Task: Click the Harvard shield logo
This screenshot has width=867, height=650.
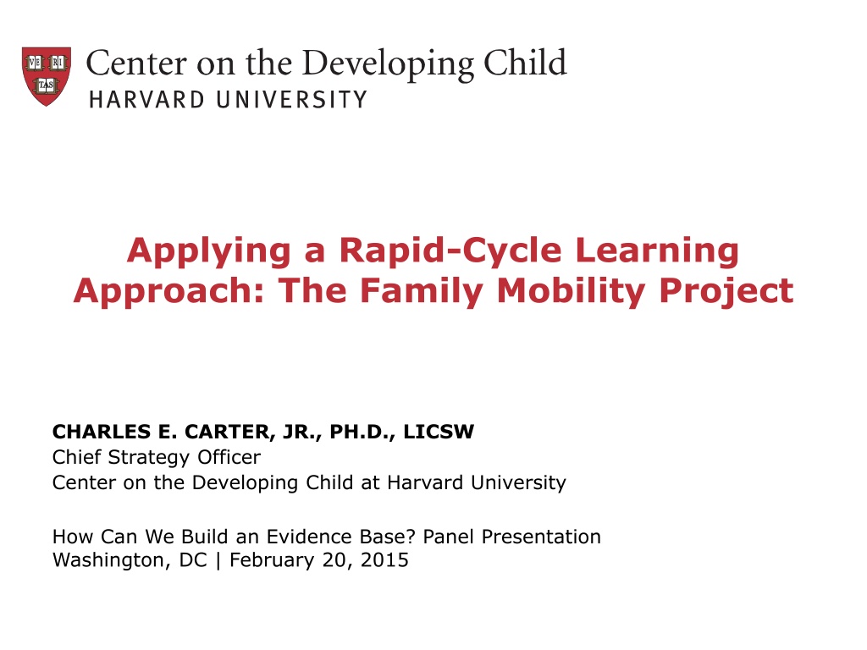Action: [x=47, y=76]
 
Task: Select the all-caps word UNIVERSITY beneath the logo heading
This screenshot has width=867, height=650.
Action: [x=291, y=100]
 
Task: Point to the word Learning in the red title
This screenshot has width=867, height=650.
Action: [x=657, y=251]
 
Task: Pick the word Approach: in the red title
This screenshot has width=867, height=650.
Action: [x=169, y=291]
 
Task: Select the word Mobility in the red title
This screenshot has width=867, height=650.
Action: [x=572, y=291]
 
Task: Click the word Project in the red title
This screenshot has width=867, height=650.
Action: [x=726, y=291]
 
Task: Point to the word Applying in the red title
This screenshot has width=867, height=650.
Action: [x=209, y=251]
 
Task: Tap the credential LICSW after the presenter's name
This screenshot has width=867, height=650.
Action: [x=439, y=431]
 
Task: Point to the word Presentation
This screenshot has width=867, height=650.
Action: [x=541, y=537]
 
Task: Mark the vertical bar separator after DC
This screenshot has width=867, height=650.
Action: [x=218, y=560]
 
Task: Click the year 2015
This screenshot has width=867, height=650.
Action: [x=384, y=560]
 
